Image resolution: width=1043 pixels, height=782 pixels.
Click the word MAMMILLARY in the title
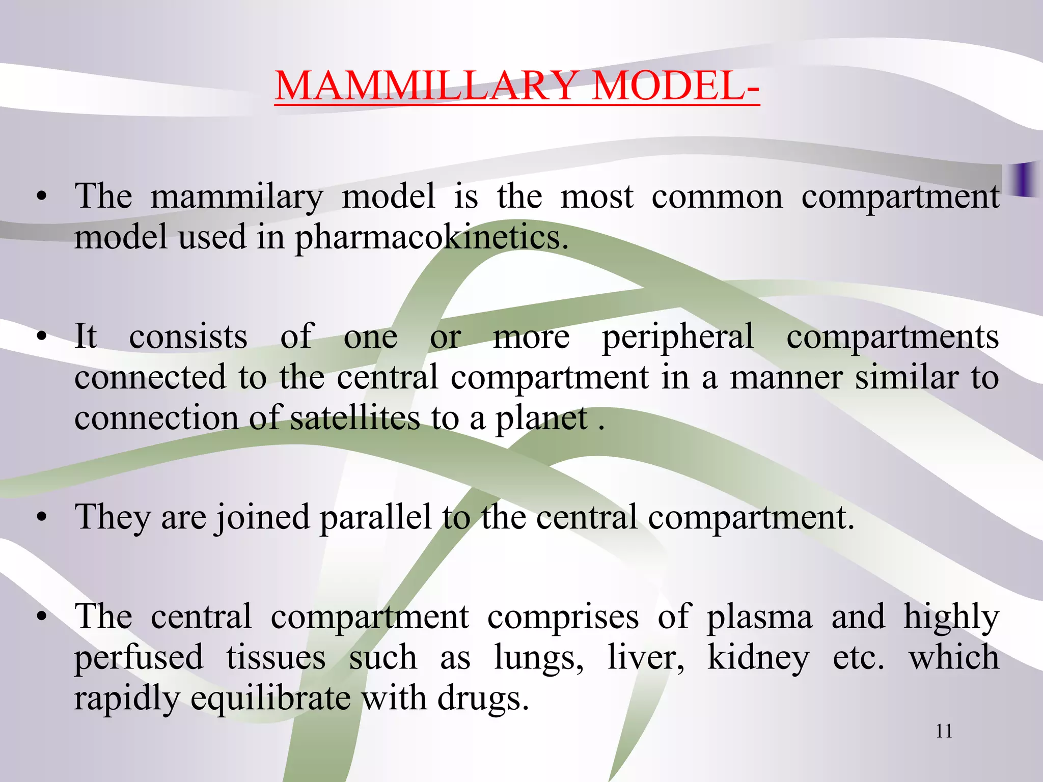click(x=426, y=85)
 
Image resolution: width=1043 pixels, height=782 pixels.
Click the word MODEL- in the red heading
click(x=676, y=85)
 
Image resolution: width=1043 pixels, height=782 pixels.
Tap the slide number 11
click(x=944, y=731)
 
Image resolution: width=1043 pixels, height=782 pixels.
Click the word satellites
click(x=355, y=418)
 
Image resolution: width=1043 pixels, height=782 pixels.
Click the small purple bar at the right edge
click(x=1024, y=179)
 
